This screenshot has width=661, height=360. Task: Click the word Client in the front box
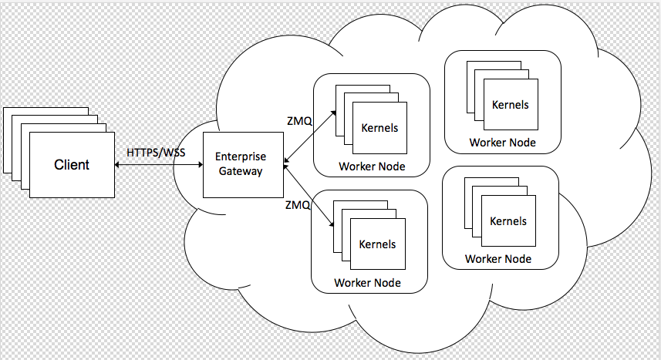(72, 164)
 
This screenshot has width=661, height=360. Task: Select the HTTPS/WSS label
(156, 152)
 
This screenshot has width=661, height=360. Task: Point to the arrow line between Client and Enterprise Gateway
(158, 164)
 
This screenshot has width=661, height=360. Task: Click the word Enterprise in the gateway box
(241, 156)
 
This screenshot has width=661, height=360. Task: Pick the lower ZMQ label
(298, 205)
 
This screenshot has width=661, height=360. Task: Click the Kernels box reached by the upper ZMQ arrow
(379, 128)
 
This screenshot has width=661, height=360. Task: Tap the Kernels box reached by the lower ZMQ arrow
(377, 244)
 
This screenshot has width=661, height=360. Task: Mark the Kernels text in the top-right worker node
(511, 104)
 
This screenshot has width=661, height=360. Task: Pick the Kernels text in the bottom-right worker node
(508, 221)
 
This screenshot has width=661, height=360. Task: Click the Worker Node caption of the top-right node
(502, 143)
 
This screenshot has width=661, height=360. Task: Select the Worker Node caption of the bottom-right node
(498, 259)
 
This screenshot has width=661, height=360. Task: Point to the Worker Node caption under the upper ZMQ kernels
(372, 167)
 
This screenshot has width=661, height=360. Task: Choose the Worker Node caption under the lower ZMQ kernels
(367, 283)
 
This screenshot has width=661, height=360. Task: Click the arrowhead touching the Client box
(120, 164)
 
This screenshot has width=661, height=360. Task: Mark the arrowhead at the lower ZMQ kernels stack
(332, 225)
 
